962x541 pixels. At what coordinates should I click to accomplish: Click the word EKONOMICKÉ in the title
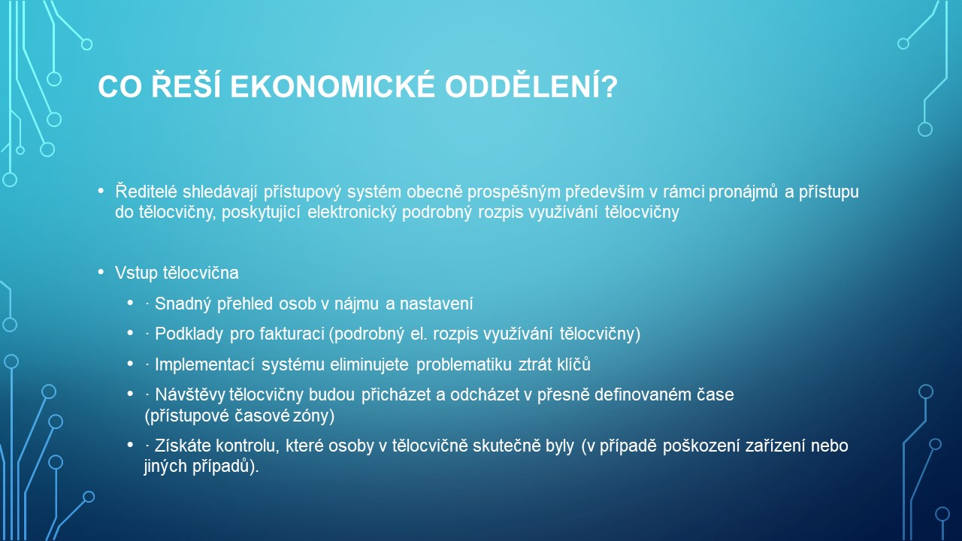pos(333,86)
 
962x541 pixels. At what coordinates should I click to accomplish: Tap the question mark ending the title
pos(609,86)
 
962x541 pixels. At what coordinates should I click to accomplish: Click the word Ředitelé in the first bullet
pos(146,192)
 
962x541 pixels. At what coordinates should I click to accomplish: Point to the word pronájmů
pos(743,192)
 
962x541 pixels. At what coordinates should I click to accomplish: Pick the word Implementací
pos(205,364)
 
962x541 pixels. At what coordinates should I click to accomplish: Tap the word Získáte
pos(183,446)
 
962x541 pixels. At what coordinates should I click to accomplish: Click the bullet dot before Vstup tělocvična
pos(101,272)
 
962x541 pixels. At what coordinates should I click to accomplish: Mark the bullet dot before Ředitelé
pos(101,190)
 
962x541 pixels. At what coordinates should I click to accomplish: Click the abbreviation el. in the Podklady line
pos(419,334)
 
